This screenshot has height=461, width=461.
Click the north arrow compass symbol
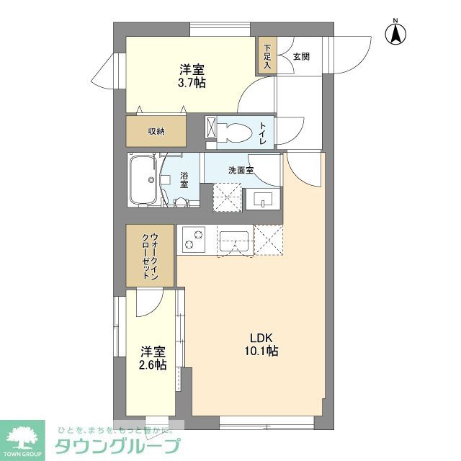coord(395,32)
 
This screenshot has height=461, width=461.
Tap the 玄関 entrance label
coord(301,56)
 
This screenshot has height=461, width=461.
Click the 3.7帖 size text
coord(192,83)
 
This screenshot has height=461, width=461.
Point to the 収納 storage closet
coord(156,131)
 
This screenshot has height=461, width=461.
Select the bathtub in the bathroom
coord(143,179)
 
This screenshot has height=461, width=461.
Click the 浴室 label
coord(184,180)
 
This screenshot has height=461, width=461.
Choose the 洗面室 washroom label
coord(241,171)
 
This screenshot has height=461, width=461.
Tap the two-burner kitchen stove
coord(193,239)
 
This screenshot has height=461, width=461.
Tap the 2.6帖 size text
coord(153,365)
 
